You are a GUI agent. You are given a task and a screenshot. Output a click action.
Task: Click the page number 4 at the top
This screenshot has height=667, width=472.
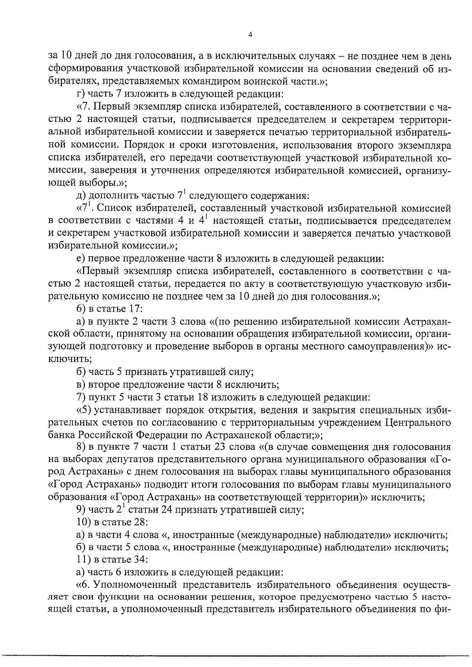250,35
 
